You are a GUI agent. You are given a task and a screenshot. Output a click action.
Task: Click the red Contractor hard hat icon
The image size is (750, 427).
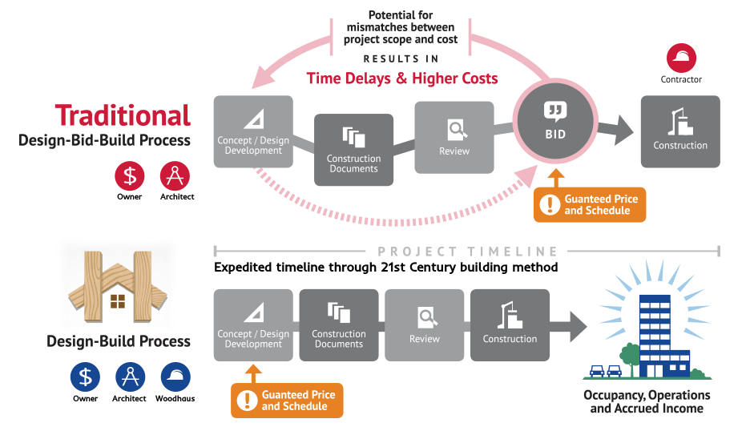(681, 58)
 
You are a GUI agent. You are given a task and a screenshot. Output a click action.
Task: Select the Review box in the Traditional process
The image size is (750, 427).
(454, 137)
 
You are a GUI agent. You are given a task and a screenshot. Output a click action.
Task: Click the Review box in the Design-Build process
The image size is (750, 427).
(425, 324)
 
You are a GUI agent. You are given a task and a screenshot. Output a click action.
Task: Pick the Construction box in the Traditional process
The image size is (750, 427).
(680, 131)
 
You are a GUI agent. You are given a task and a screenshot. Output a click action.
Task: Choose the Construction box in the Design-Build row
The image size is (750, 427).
(510, 324)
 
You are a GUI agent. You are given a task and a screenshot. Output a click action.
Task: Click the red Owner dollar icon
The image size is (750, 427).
(129, 175)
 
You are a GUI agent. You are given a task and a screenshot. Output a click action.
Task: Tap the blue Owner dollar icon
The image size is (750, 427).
(85, 377)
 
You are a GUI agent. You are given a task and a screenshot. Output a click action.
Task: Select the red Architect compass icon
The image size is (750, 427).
(176, 175)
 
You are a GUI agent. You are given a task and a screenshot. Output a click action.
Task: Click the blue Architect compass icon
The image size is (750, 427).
(130, 377)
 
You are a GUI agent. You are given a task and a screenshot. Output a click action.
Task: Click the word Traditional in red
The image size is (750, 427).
(123, 115)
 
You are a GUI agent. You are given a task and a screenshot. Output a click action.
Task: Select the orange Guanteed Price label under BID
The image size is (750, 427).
(589, 204)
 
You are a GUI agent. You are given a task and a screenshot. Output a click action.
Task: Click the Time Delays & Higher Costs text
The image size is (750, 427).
(402, 79)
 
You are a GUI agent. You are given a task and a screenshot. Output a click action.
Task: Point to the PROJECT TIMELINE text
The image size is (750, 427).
(469, 252)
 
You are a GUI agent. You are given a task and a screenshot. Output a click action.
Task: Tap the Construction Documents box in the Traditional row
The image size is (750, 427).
(353, 150)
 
